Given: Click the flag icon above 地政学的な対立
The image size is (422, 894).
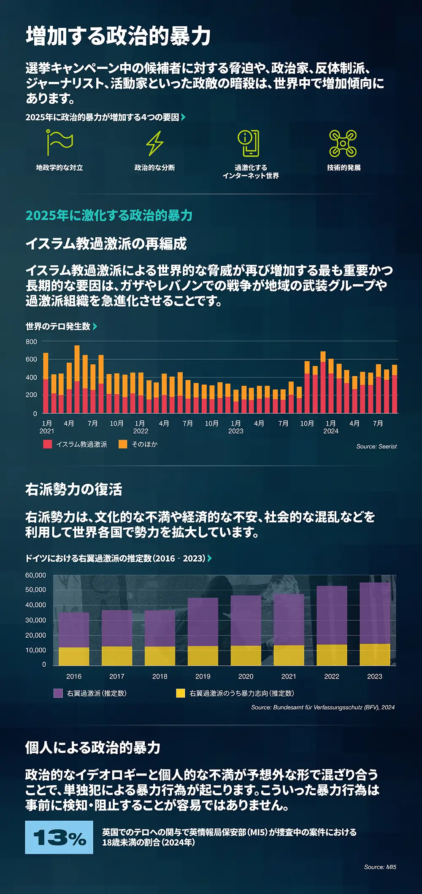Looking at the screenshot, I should [x=60, y=143].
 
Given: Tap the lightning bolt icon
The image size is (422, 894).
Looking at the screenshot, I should [x=155, y=143].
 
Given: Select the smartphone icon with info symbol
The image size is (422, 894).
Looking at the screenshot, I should [x=249, y=143].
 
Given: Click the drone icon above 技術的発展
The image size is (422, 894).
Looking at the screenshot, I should [x=343, y=143].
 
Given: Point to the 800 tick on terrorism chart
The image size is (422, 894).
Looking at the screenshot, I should [x=32, y=342].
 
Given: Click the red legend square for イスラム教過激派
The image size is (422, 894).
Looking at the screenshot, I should [x=48, y=444].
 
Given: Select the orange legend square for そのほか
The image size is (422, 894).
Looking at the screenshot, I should [x=123, y=444].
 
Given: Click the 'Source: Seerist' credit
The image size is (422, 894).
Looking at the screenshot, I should [x=376, y=446].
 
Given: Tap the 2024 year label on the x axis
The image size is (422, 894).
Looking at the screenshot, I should [x=331, y=431].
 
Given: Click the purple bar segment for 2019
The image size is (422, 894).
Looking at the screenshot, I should [x=203, y=622].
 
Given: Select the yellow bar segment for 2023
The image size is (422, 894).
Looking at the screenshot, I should [x=375, y=654].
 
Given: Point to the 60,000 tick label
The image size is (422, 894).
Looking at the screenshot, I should [x=36, y=575].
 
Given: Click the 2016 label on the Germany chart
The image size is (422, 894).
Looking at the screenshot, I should [x=74, y=676].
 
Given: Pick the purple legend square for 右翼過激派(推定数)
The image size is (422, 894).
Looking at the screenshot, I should [x=58, y=693].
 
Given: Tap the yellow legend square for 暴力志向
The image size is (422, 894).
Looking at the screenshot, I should [x=181, y=693].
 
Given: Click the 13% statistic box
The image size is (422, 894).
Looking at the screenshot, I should [x=59, y=837].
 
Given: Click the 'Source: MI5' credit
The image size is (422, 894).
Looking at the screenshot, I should [x=380, y=867].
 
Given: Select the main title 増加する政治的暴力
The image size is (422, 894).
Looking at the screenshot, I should [x=118, y=36].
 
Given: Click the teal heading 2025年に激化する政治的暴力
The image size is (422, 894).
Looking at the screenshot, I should [x=109, y=215].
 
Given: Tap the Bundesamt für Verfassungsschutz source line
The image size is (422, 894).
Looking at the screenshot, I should [x=323, y=707].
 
